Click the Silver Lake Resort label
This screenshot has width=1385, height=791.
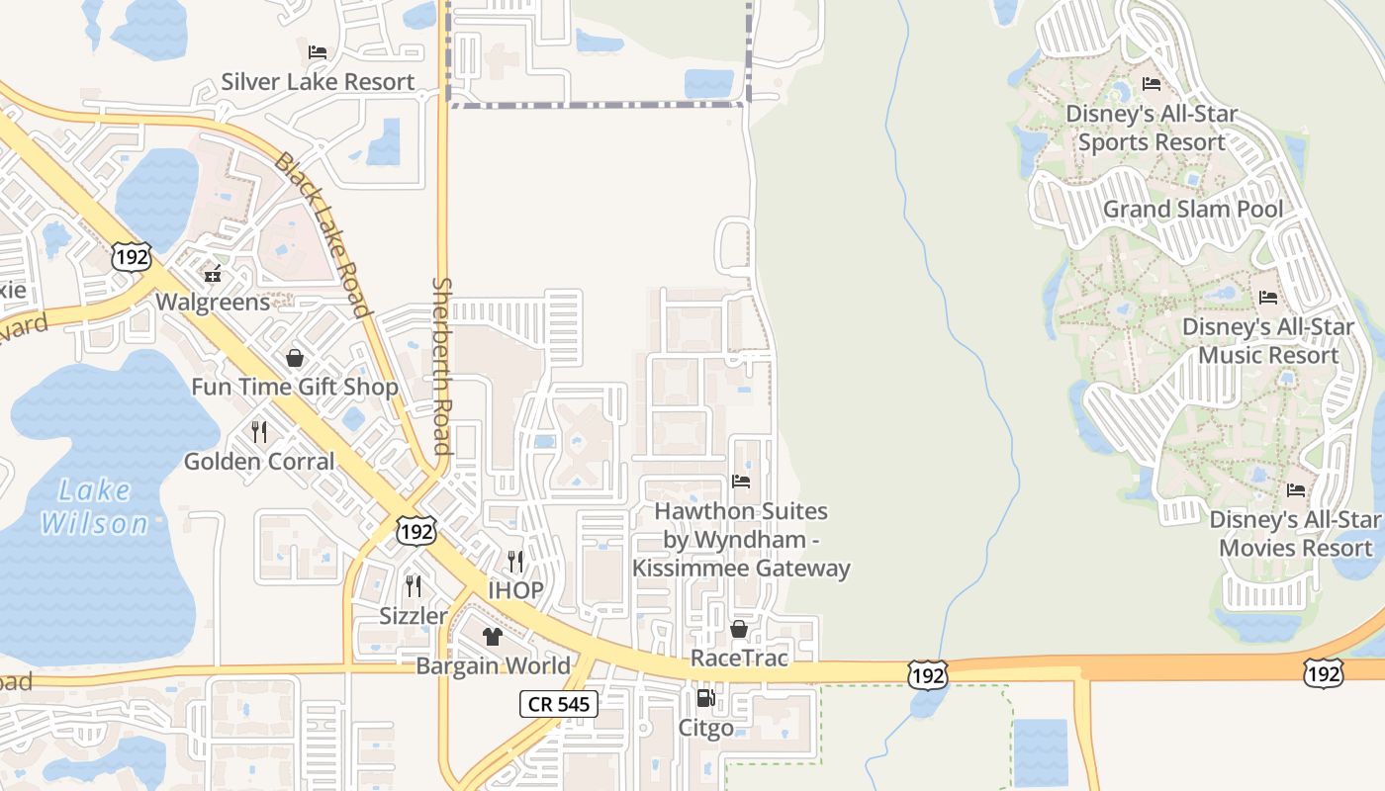pyautogui.click(x=318, y=81)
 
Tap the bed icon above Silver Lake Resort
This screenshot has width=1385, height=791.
pyautogui.click(x=318, y=51)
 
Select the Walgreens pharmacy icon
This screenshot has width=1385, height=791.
pyautogui.click(x=212, y=274)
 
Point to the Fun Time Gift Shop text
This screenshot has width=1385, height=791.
pyautogui.click(x=295, y=387)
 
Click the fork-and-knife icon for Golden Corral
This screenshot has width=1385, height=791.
pyautogui.click(x=259, y=432)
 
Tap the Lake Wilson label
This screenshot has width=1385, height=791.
pyautogui.click(x=95, y=506)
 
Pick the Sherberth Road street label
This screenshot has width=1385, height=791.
pyautogui.click(x=442, y=366)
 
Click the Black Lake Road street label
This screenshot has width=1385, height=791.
pyautogui.click(x=323, y=234)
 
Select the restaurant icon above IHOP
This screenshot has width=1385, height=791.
pyautogui.click(x=515, y=562)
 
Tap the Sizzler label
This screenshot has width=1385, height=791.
pyautogui.click(x=414, y=616)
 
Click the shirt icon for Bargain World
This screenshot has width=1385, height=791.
pyautogui.click(x=493, y=636)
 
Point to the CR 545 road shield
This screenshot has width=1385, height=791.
pyautogui.click(x=559, y=704)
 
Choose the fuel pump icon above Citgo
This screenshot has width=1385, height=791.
pyautogui.click(x=705, y=698)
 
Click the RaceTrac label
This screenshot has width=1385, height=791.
pyautogui.click(x=738, y=658)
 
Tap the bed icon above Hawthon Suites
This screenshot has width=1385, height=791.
pyautogui.click(x=741, y=482)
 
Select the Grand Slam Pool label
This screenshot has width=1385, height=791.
pyautogui.click(x=1192, y=209)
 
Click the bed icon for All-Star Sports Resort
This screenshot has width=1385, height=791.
pyautogui.click(x=1152, y=84)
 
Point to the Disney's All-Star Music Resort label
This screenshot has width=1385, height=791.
pyautogui.click(x=1267, y=340)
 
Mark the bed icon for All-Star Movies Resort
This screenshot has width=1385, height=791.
pyautogui.click(x=1296, y=489)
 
